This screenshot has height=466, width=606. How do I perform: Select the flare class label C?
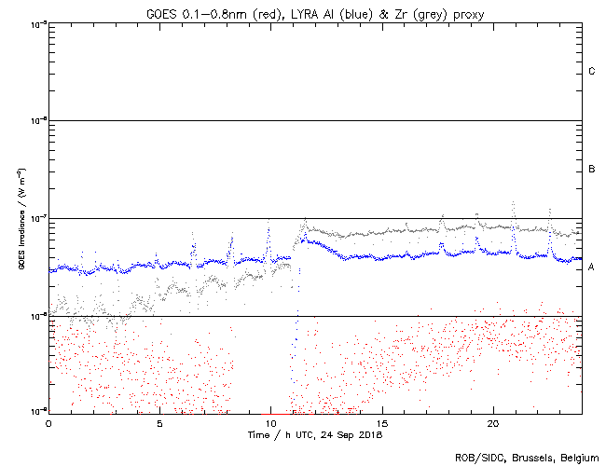coord(592,72)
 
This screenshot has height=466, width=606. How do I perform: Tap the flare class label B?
coord(592,169)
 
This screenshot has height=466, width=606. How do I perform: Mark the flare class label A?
coord(592,267)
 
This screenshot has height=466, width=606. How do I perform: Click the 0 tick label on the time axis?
coord(48,423)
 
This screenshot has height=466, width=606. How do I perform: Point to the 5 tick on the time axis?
coord(159,423)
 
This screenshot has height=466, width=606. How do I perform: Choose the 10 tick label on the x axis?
coord(270,423)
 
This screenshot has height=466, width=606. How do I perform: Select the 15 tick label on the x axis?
coord(382,423)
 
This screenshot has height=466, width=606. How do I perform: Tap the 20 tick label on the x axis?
coord(493,423)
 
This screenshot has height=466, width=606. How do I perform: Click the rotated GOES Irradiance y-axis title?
coord(21,218)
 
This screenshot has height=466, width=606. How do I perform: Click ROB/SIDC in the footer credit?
coord(479,458)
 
